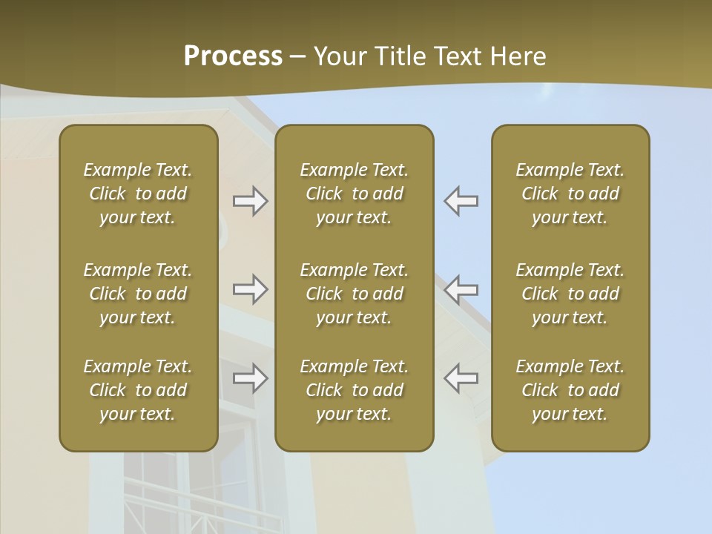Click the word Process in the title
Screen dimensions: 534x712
click(233, 56)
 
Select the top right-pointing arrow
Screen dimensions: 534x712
click(250, 201)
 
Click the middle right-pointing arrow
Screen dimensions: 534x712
click(250, 289)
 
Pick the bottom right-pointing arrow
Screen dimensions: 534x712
click(250, 378)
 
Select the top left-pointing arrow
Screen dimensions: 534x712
click(461, 201)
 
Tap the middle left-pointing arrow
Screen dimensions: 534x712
click(461, 289)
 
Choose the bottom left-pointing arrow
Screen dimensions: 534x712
click(461, 378)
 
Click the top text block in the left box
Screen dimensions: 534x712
click(138, 194)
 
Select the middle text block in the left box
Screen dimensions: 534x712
click(138, 294)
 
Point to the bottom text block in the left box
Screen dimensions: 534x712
click(138, 390)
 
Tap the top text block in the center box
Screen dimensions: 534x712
click(354, 194)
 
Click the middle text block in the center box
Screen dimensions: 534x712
click(354, 294)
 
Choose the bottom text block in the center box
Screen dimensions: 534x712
click(354, 390)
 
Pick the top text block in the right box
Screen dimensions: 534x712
click(570, 194)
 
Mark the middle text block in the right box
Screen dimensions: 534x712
click(570, 294)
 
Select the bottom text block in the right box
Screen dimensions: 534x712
click(570, 390)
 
